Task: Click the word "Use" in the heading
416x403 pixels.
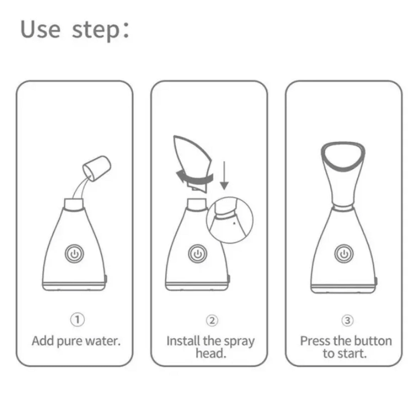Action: coord(40,29)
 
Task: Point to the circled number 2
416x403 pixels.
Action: coord(212,321)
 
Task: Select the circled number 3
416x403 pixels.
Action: coord(347,321)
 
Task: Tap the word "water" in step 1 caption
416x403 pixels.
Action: coord(103,341)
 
